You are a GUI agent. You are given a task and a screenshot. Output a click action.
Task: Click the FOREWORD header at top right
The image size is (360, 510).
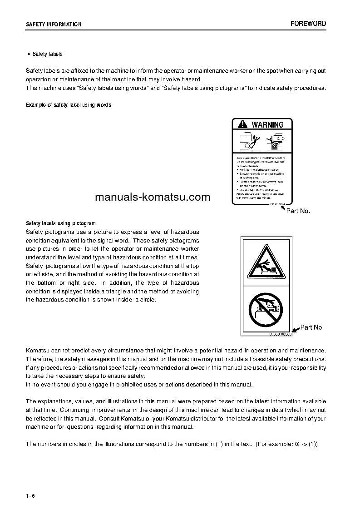click(308, 24)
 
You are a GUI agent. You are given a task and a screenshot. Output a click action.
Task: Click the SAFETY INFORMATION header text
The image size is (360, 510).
click(54, 25)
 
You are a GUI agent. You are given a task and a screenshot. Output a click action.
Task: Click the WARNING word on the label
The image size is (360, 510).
click(267, 124)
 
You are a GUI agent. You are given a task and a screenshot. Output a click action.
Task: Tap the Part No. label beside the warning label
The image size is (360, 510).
click(298, 211)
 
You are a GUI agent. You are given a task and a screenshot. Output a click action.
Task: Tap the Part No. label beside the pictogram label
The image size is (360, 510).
click(312, 327)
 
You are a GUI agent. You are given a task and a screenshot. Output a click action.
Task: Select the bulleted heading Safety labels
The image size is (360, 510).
click(47, 54)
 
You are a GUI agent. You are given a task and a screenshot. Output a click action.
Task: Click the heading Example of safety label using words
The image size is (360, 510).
click(69, 105)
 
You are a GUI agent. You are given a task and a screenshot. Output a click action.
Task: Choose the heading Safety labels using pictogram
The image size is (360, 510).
click(61, 223)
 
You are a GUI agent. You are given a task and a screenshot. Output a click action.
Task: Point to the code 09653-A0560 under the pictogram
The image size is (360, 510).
click(279, 334)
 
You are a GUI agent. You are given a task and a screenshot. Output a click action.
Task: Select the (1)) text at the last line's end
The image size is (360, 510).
click(313, 444)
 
